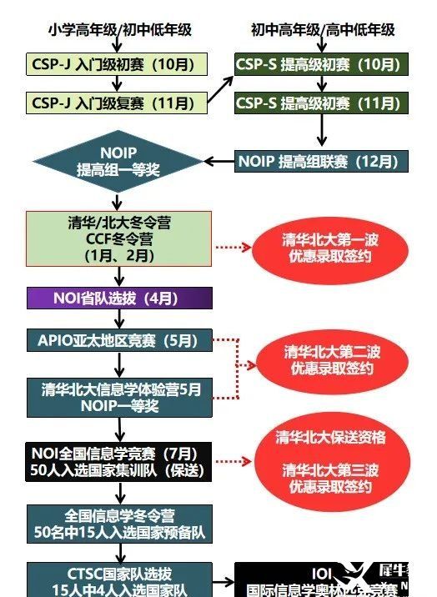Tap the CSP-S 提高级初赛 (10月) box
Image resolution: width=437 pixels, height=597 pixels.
point(321,64)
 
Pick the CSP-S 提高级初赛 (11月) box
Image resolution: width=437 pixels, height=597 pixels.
point(321,103)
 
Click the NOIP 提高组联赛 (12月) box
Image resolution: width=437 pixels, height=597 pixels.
point(321,161)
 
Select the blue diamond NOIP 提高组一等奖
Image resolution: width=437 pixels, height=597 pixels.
point(118,162)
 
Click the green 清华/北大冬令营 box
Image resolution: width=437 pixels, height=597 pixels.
point(118,239)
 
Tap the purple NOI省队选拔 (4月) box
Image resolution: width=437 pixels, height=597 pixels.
point(118,298)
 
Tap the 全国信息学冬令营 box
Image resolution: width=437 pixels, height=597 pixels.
point(118,523)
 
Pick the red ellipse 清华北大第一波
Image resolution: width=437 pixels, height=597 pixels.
point(331,248)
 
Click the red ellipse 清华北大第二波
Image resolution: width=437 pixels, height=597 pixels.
point(331,359)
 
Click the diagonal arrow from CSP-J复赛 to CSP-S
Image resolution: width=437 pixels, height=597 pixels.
point(218,85)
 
